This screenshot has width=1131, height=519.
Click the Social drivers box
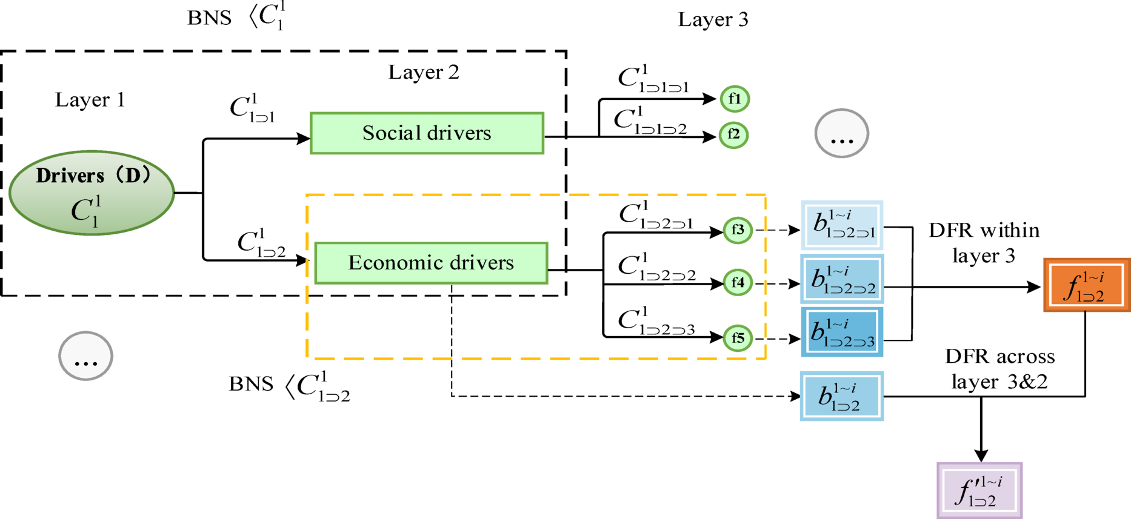[x=427, y=133]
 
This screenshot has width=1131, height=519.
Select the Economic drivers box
[x=431, y=263]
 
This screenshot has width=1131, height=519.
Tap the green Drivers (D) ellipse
[x=92, y=193]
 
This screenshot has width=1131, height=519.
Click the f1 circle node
[x=735, y=99]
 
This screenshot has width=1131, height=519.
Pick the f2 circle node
[x=733, y=134]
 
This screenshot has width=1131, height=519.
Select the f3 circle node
[x=738, y=230]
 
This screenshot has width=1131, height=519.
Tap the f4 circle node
[x=738, y=283]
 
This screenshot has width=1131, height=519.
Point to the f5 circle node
[x=738, y=338]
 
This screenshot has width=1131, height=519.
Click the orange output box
[x=1086, y=285]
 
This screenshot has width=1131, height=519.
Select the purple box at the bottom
[x=979, y=491]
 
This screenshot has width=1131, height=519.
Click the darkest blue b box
[x=842, y=332]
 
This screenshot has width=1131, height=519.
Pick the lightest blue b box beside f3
[x=842, y=225]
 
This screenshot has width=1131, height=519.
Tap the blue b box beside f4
[x=842, y=279]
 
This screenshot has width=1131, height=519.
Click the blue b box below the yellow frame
[x=842, y=397]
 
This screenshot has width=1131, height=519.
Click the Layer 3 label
[x=713, y=19]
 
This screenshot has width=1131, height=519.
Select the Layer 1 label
[x=90, y=100]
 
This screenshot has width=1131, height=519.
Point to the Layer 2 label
[x=424, y=73]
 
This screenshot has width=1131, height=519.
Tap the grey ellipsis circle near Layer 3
[x=841, y=133]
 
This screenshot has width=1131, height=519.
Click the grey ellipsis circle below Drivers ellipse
[x=85, y=356]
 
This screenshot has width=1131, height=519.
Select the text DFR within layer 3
[x=984, y=243]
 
